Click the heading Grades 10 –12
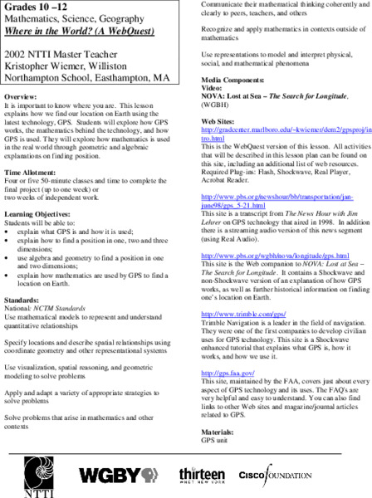pyautogui.click(x=36, y=9)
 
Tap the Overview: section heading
pyautogui.click(x=22, y=96)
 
